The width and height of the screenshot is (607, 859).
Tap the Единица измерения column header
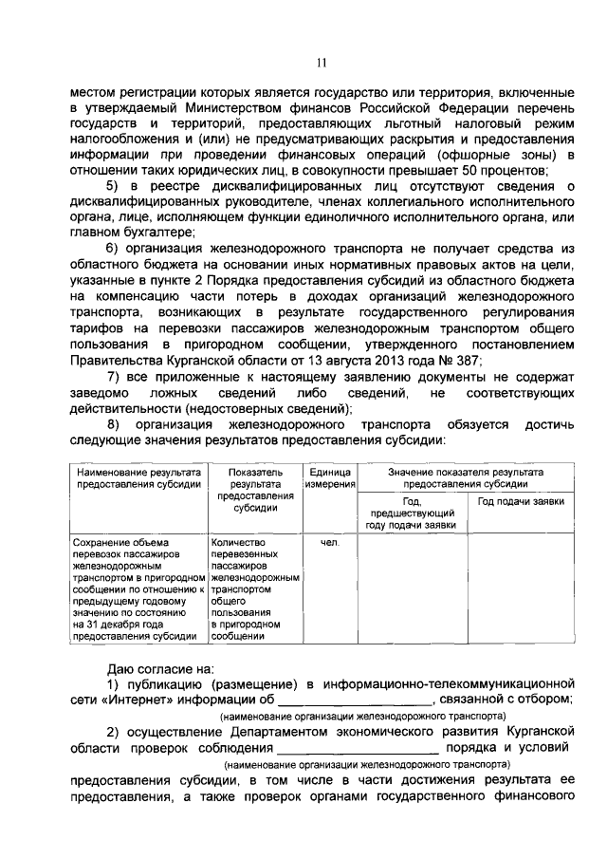pyautogui.click(x=329, y=477)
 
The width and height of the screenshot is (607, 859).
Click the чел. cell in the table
pyautogui.click(x=329, y=543)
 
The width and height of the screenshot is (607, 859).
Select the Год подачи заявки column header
pyautogui.click(x=521, y=500)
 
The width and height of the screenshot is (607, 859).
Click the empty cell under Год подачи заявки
pyautogui.click(x=521, y=588)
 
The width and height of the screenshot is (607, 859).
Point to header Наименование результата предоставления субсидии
pyautogui.click(x=139, y=477)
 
